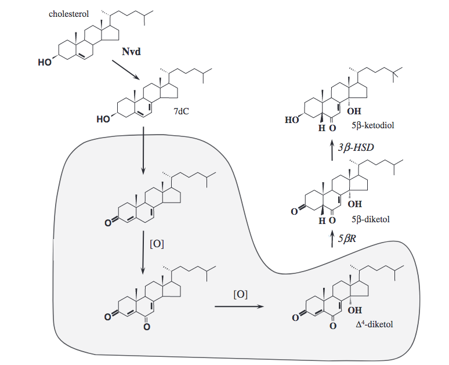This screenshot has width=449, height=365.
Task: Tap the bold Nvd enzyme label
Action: click(x=131, y=52)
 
